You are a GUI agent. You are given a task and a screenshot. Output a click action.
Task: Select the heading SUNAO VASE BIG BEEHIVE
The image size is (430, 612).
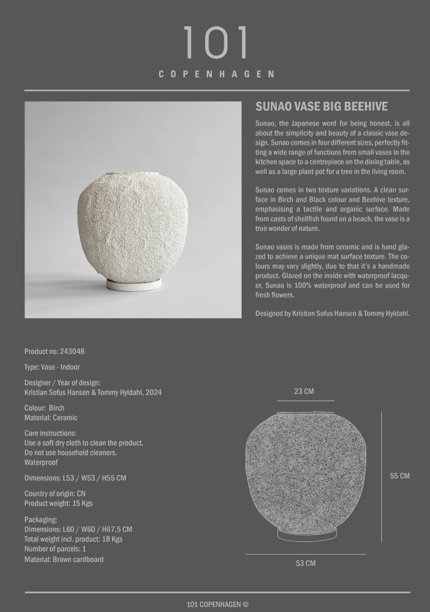[x=321, y=107]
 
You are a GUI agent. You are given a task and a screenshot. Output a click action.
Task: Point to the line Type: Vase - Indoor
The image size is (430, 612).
[x=52, y=367]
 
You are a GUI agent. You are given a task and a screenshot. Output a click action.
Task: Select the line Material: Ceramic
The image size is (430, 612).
[x=51, y=418]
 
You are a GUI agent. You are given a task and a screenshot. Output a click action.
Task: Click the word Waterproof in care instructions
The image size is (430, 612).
[x=41, y=462]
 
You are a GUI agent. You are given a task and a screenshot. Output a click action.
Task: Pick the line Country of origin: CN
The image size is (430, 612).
[x=55, y=494]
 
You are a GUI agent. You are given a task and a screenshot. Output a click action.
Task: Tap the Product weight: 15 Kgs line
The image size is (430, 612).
[x=58, y=503]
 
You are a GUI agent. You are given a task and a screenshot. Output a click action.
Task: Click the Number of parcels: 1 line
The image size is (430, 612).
[x=55, y=549]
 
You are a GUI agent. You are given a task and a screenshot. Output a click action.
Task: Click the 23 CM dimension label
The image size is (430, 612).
[x=304, y=391]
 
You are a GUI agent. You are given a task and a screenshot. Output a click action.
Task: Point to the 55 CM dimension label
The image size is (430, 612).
[x=399, y=476]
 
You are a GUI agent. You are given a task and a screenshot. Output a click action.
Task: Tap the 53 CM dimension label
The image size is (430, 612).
[x=305, y=563]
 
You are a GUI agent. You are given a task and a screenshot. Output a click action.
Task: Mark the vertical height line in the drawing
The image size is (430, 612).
[x=381, y=476]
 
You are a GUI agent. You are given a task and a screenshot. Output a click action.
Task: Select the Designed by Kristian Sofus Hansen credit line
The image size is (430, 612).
[x=332, y=314]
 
